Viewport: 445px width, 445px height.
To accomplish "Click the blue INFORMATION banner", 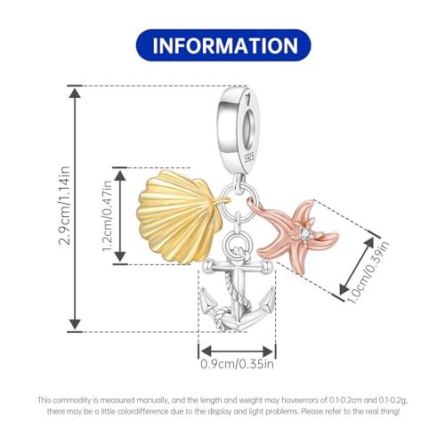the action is pos(223,45).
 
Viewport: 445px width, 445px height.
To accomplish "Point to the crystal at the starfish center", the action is pos(303,233).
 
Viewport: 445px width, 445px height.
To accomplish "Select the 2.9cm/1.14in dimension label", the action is pos(64,206).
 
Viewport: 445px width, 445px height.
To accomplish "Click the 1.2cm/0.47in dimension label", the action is pos(107,215).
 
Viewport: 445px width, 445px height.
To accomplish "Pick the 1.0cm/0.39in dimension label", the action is pos(368,273).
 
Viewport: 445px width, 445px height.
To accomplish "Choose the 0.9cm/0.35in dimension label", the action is pos(238,364).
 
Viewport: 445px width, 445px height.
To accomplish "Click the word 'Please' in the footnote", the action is pos(311,412).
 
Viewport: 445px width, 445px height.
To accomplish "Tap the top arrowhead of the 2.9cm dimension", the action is pos(75,93).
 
